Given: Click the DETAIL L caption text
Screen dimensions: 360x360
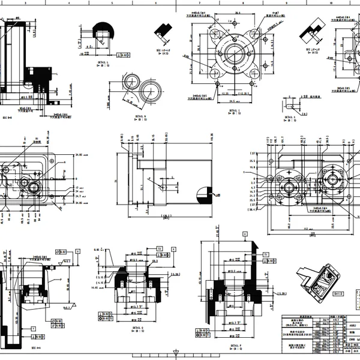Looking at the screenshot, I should coord(103,62).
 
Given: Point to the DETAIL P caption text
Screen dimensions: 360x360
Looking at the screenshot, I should coord(235,346).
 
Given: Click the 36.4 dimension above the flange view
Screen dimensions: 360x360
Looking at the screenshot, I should coord(238,12).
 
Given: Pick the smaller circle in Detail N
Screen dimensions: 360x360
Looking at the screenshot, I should coord(131,82).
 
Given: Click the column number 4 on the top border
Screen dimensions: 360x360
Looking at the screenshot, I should coord(70,2).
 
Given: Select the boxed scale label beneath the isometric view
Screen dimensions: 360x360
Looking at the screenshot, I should coord(338,293).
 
